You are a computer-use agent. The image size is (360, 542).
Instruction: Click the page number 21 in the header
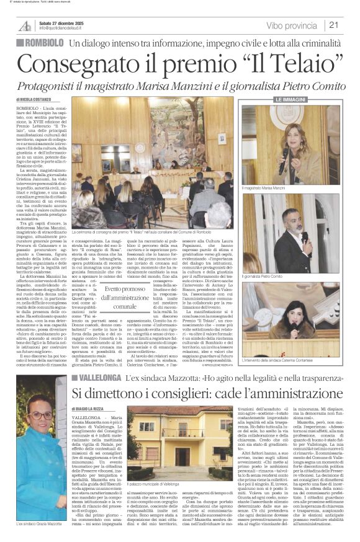tap(334, 25)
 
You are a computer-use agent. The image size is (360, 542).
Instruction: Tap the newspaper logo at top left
tap(25, 25)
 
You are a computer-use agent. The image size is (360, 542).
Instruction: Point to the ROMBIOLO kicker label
tap(40, 43)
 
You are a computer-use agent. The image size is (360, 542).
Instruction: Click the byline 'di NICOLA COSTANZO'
tap(34, 99)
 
